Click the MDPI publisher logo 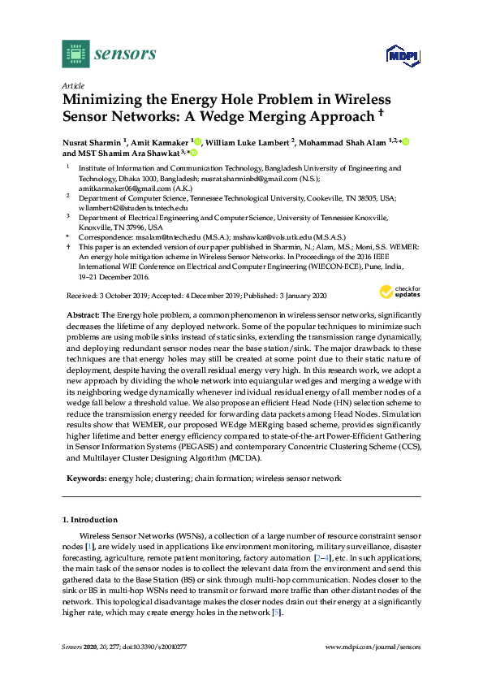pyautogui.click(x=401, y=55)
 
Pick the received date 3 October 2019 pyautogui.click(x=119, y=297)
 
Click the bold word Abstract pyautogui.click(x=80, y=314)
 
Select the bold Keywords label pyautogui.click(x=84, y=478)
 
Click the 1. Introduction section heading pyautogui.click(x=90, y=519)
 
